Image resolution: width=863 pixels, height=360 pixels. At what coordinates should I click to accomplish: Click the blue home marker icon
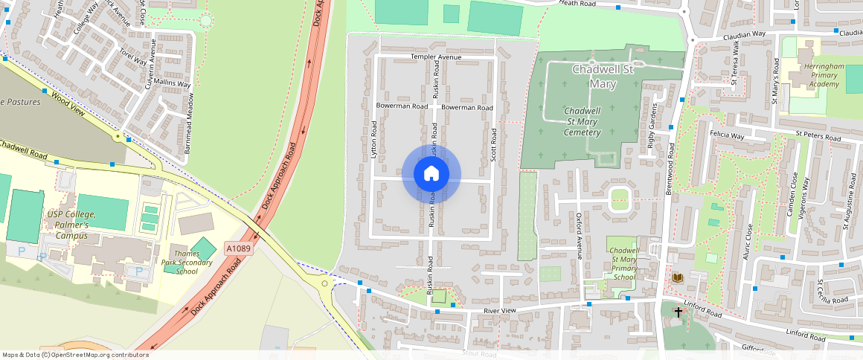coord(431,174)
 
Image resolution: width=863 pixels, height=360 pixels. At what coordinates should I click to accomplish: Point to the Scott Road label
coord(493,146)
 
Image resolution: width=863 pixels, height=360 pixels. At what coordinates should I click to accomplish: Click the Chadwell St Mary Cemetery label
coord(583,121)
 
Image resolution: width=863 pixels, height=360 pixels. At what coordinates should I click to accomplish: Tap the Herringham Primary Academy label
coord(824,75)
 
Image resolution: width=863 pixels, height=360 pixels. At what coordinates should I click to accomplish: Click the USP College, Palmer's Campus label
coord(68,220)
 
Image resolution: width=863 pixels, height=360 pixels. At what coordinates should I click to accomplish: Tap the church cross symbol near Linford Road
coord(678,312)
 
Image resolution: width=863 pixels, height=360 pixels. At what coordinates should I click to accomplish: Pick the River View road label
coord(499,309)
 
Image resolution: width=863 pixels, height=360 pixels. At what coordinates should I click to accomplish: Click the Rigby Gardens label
coord(651,128)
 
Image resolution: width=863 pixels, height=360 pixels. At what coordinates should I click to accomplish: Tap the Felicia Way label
coord(727,136)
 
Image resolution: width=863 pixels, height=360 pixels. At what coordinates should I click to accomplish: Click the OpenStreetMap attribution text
coord(74,355)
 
